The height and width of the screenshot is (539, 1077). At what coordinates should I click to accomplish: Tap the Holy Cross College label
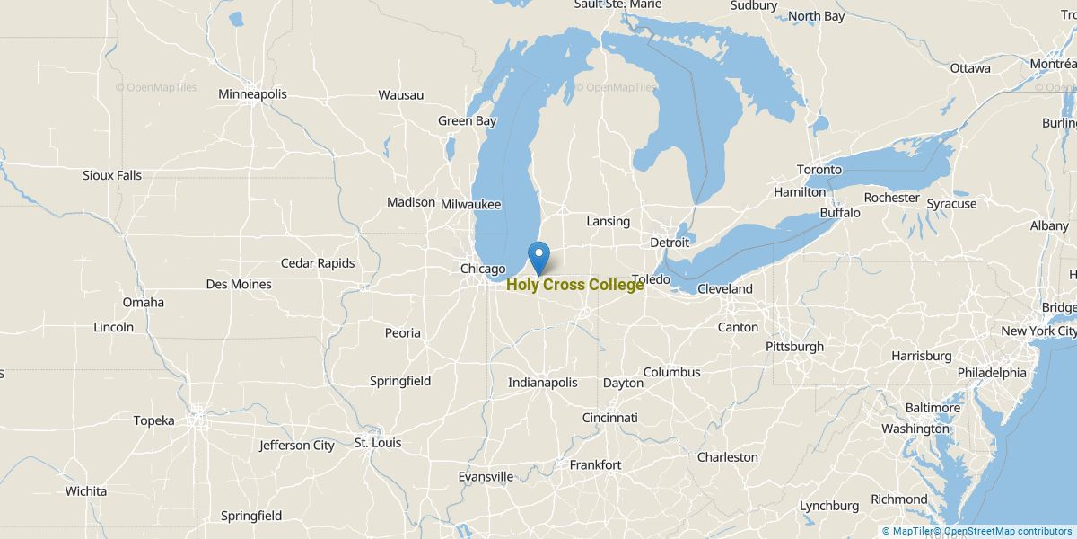coord(574,286)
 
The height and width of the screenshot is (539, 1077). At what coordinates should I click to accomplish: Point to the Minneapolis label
coord(252,94)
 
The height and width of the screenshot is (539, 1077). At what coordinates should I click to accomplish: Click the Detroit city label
coord(670,243)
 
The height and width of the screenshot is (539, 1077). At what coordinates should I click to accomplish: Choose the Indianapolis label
coord(542,383)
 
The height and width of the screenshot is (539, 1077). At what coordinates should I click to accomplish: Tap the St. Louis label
coord(378,443)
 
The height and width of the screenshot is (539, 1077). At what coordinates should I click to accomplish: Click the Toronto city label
coord(819,170)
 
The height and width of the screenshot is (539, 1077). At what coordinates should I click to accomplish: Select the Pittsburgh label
coord(794,347)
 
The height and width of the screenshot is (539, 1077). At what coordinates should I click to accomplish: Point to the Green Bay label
coord(467,121)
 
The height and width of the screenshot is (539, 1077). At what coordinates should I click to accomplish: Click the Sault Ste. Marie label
coord(617,5)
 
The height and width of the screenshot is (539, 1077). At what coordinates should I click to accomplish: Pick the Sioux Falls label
coord(112,175)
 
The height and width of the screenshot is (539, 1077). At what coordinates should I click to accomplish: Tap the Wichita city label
coord(86,491)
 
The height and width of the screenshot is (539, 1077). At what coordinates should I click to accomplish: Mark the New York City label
coord(1038,331)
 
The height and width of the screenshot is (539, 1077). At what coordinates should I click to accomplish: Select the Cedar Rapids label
coord(318,263)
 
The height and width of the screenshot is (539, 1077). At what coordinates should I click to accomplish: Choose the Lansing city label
coord(608,221)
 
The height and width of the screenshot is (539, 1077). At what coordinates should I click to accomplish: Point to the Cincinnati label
coord(609,418)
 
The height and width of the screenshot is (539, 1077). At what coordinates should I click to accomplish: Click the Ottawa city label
coord(970,68)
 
